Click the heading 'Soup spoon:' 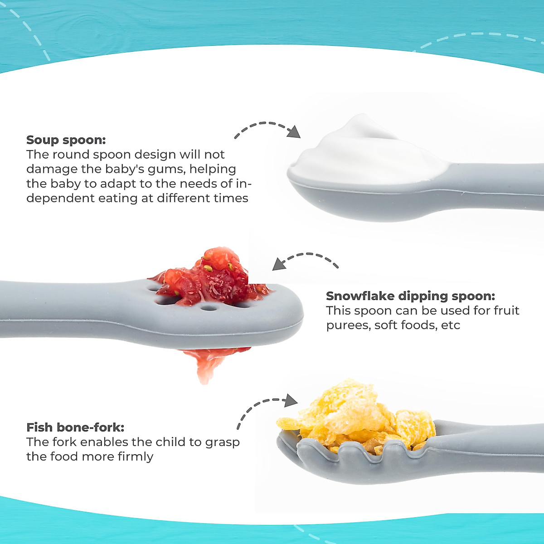[x=66, y=140]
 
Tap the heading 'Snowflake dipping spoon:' [x=410, y=296]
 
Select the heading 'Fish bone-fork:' [x=75, y=427]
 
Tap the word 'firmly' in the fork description [x=135, y=457]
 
